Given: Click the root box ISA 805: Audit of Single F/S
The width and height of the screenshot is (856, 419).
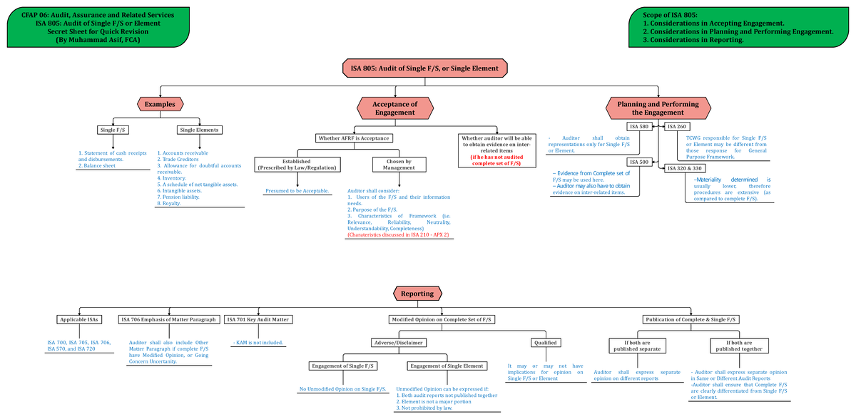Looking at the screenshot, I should [425, 68].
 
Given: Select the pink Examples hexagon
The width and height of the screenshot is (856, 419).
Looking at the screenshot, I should [160, 104].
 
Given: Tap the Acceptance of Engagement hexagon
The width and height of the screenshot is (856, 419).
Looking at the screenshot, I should [394, 108].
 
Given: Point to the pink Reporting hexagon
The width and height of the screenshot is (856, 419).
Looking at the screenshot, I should [417, 294].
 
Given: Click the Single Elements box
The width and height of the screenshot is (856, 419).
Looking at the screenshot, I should [200, 130].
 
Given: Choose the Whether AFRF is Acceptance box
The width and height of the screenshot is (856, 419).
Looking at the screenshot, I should [355, 138].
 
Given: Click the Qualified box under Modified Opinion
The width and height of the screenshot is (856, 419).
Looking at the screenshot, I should [545, 343].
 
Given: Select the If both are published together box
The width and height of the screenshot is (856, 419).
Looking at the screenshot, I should [738, 346].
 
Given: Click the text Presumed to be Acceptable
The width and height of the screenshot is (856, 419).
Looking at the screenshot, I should [297, 191].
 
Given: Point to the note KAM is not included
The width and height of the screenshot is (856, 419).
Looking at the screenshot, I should [258, 343].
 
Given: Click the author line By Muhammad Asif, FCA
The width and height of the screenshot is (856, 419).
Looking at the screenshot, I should [98, 40].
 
